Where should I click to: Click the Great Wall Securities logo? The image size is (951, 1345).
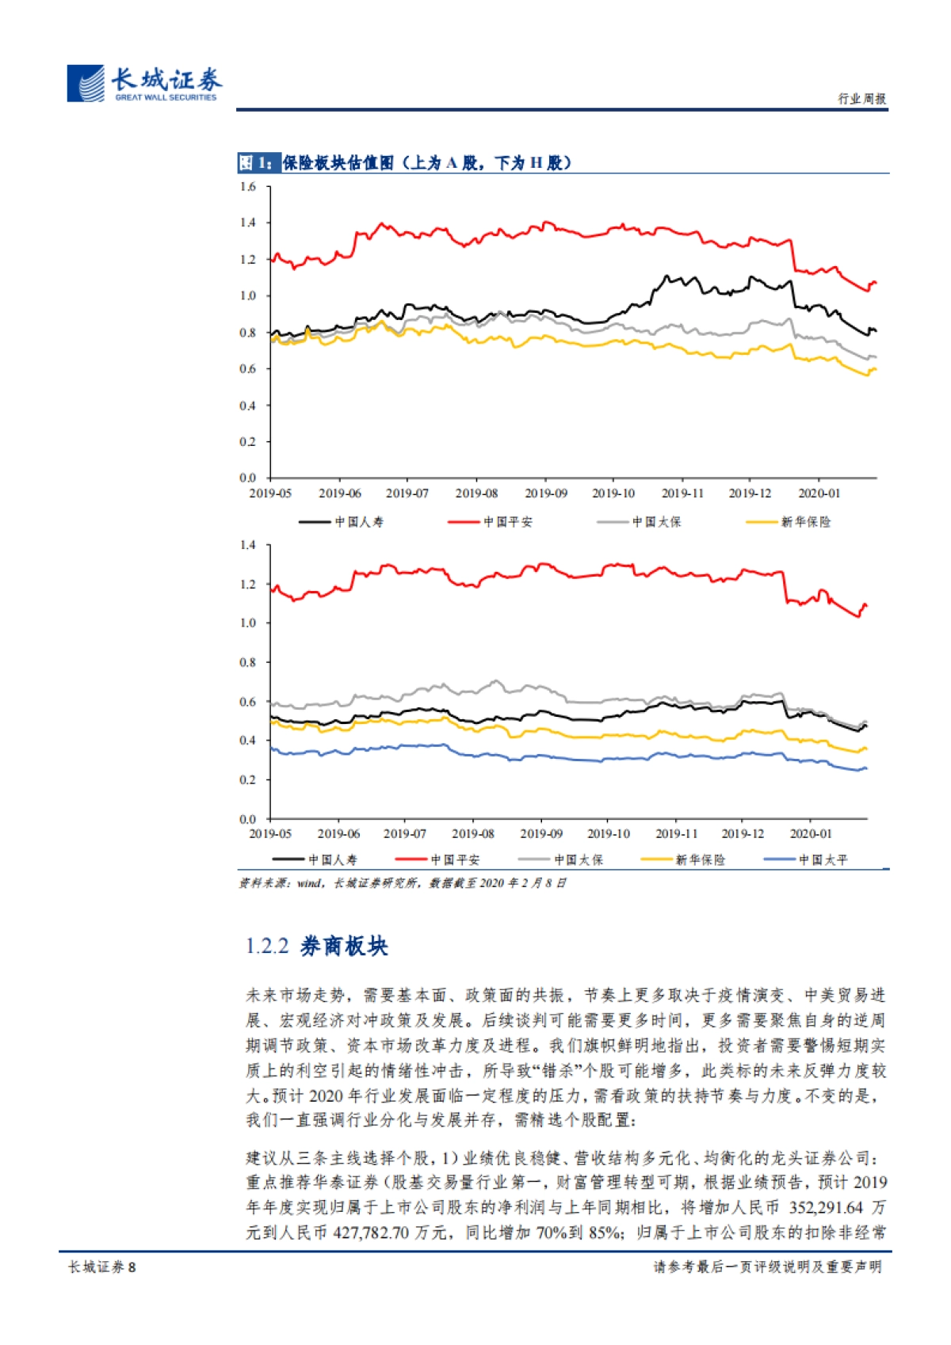[x=143, y=83]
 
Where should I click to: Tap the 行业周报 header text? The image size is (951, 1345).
[x=862, y=98]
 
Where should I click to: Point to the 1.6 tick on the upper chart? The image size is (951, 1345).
[x=248, y=187]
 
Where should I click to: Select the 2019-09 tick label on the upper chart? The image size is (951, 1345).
[x=546, y=493]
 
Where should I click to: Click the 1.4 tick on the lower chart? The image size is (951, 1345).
[x=248, y=545]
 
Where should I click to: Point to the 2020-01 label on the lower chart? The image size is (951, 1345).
[x=811, y=834]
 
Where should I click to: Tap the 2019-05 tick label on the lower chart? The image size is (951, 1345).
[x=270, y=834]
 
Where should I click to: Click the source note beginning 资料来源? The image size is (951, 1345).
[x=403, y=883]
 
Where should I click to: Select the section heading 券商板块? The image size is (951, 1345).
[x=344, y=947]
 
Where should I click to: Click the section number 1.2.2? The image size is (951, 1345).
[x=266, y=947]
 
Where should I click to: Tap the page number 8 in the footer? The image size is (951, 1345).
[x=132, y=1267]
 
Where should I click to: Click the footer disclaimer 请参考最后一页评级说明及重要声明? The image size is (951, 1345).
[x=767, y=1267]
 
